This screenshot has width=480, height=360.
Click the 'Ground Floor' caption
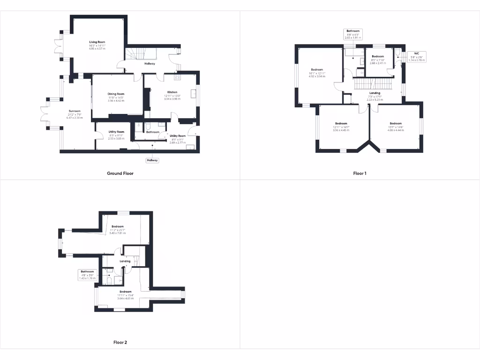coord(120,173)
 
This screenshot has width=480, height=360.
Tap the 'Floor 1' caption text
coord(360,173)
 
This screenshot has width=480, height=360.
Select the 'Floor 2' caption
coord(120,343)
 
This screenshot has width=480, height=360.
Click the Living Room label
coord(97,42)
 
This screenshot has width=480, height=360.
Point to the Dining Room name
coord(116,94)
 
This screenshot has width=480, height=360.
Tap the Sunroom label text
coord(75,111)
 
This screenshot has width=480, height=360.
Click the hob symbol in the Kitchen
coord(178,77)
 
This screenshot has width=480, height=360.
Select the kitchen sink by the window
coord(193,94)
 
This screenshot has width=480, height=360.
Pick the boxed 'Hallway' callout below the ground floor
coord(152,160)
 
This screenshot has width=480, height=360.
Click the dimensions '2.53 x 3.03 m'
coord(116,139)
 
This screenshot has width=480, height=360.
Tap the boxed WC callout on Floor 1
coord(416,57)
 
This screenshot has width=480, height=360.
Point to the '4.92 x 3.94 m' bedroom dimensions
coord(317,76)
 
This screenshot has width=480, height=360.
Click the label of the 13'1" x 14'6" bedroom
coord(396,124)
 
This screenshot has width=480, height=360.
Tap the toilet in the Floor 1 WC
coord(398,52)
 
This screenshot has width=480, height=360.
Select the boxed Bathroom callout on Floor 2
coord(88,275)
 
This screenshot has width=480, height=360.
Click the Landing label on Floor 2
coord(125,261)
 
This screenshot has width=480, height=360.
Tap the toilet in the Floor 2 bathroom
coord(109,280)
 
